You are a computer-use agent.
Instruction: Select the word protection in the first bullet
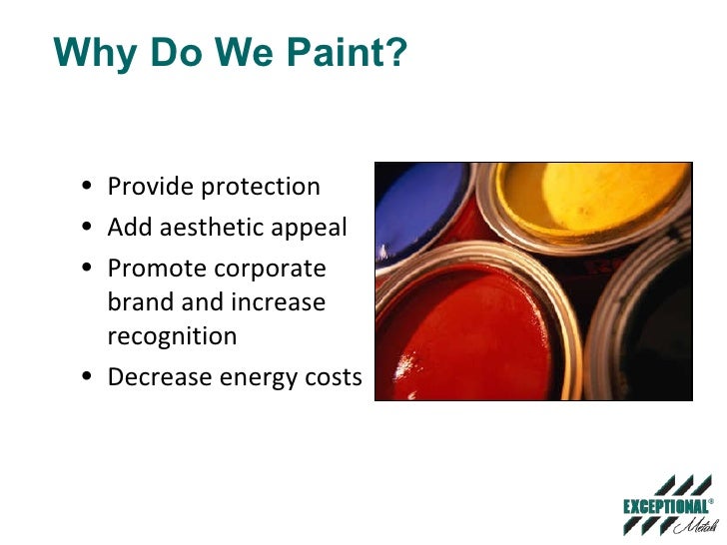(261, 187)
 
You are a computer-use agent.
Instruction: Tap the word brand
(138, 302)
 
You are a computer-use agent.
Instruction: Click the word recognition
(172, 336)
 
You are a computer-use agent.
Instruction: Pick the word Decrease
(155, 377)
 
